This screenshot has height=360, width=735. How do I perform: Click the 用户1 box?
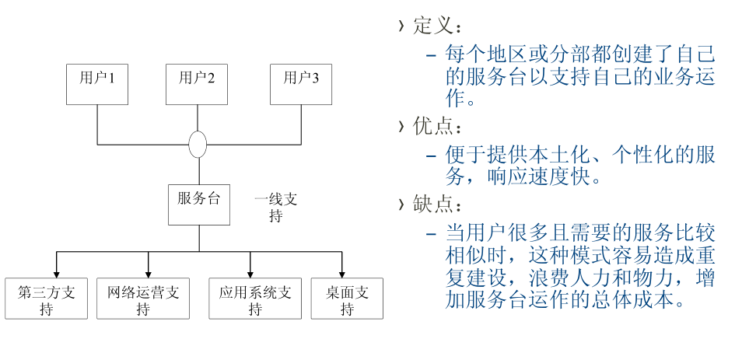click(97, 85)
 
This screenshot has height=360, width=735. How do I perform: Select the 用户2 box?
click(197, 85)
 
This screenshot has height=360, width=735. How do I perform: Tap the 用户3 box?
click(301, 85)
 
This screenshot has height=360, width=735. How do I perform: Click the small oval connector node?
click(198, 145)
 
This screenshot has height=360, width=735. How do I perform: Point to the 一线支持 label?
click(275, 207)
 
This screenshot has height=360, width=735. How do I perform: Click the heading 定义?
click(432, 26)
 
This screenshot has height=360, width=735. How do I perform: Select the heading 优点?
click(432, 126)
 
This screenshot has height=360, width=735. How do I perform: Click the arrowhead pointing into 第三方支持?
click(57, 272)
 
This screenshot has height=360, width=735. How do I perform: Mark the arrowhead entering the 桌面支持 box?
click(341, 272)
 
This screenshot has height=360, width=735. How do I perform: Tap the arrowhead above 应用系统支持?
click(250, 272)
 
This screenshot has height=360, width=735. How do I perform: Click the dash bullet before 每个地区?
click(431, 55)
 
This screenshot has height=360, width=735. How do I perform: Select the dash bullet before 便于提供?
click(431, 154)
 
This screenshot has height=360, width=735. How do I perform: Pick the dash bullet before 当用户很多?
click(431, 233)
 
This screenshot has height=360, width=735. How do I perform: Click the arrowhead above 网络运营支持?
click(148, 272)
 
